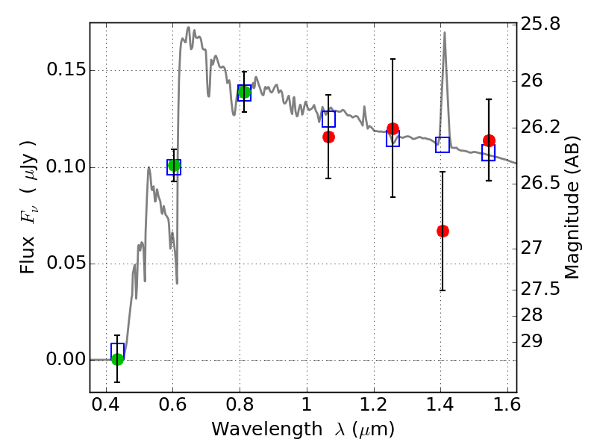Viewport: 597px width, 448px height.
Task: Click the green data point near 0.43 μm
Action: pos(117,359)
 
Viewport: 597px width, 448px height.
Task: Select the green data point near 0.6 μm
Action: pos(174,165)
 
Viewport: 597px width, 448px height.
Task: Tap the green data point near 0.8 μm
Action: pos(243,92)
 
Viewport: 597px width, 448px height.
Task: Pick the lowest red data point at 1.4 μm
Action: pos(443,231)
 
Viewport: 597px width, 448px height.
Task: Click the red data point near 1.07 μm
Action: pos(328,137)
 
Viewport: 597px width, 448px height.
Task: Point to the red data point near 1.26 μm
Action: pos(393,128)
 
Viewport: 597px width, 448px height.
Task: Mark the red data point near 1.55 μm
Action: pos(489,140)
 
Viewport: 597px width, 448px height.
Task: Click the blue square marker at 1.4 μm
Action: pos(443,145)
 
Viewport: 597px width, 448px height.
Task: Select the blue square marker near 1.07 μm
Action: pos(328,119)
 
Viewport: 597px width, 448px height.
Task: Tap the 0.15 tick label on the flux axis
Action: pos(65,71)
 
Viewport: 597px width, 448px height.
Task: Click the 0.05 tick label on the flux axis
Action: pos(65,264)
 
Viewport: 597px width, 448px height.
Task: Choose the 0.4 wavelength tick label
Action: pos(106,407)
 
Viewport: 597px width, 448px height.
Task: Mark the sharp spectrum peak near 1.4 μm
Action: pos(445,33)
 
